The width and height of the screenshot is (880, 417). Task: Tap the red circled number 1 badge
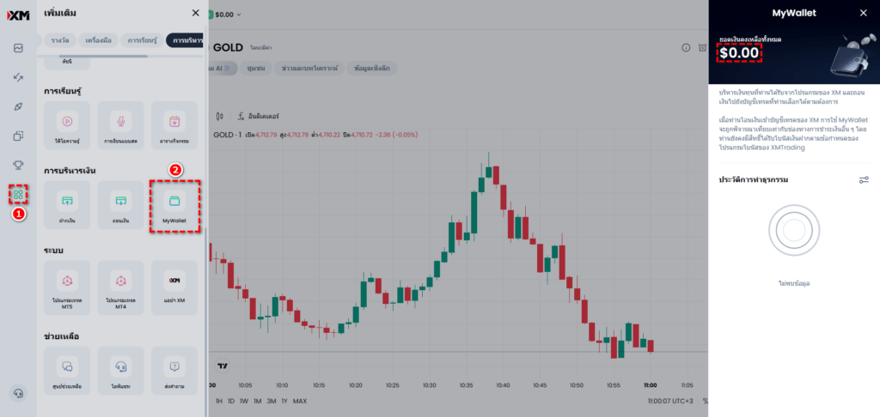(18, 214)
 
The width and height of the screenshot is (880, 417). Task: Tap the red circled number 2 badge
(175, 170)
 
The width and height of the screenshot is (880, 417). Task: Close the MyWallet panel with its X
(863, 13)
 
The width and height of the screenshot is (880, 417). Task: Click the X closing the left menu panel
(196, 13)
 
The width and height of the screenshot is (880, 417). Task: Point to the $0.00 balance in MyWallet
(739, 53)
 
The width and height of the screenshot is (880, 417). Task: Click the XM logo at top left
(18, 14)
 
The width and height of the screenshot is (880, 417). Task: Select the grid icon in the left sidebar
(18, 194)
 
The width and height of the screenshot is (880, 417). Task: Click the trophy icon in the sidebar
(18, 165)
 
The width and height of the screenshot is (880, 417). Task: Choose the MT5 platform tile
(66, 287)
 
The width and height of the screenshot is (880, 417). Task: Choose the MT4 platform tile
(120, 287)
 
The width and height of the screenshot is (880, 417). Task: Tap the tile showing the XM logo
(174, 287)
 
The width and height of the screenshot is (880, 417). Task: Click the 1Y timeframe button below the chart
(284, 402)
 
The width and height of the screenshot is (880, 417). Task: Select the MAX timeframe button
(300, 402)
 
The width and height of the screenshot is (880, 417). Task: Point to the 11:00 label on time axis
(650, 386)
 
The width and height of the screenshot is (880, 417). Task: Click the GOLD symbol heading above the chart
(229, 47)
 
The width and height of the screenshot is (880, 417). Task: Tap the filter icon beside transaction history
(864, 180)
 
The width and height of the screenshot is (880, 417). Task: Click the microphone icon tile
(120, 125)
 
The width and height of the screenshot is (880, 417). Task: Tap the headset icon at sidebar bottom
(18, 394)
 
